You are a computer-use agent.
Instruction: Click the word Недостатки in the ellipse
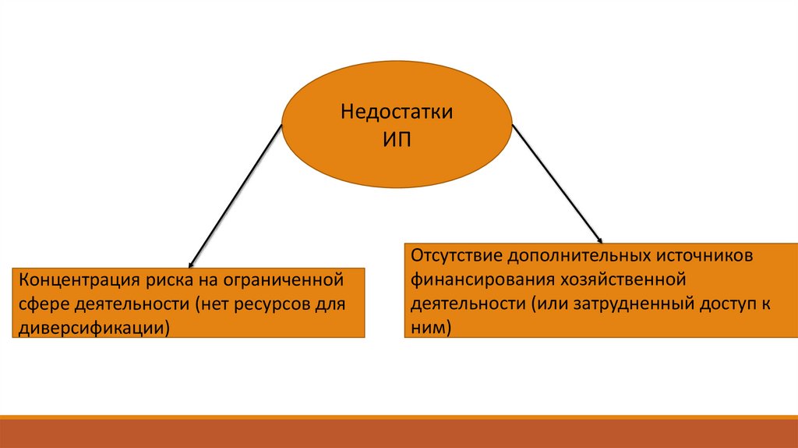click(x=396, y=112)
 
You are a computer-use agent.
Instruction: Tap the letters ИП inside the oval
click(x=396, y=140)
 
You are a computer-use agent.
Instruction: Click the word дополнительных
click(x=585, y=256)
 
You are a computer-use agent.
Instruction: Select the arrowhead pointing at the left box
click(x=192, y=262)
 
